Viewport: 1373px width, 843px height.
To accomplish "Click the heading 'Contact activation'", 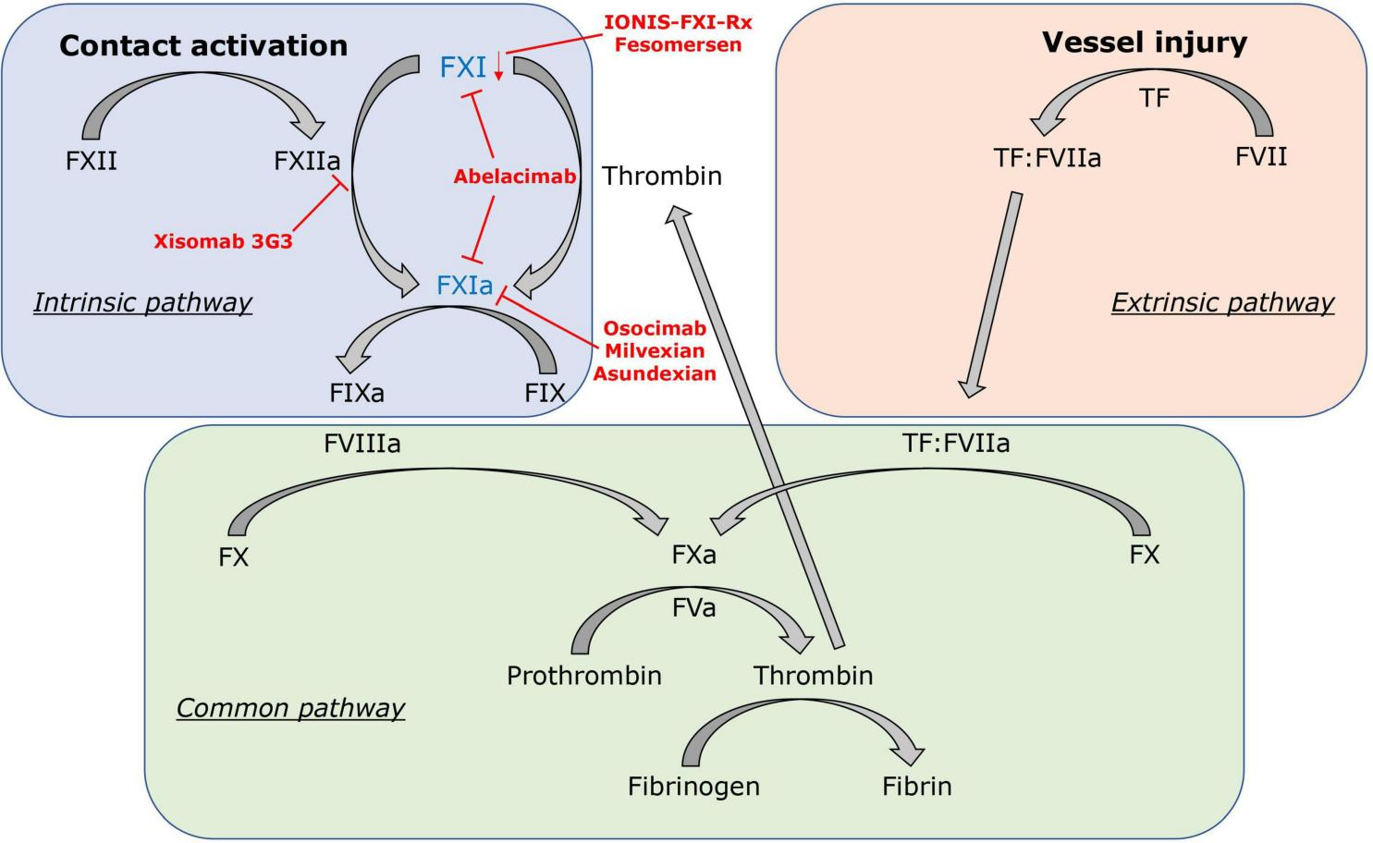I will [203, 45].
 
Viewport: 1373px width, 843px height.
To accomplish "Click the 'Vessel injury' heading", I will [1145, 42].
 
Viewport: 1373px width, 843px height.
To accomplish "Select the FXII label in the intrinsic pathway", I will [92, 161].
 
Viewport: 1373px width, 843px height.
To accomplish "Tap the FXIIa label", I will [307, 161].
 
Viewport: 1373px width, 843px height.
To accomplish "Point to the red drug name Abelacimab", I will [514, 177].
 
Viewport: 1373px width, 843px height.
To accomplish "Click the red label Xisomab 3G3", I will [223, 242].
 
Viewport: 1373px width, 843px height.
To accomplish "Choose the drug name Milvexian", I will [655, 351].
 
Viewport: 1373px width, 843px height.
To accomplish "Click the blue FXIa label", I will [465, 286].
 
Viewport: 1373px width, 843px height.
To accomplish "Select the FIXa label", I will [357, 393].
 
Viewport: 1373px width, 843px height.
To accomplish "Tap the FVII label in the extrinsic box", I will [1261, 156].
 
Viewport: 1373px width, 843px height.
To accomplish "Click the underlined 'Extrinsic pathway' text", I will [1222, 302].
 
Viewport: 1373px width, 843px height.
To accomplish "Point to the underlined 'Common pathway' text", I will [290, 708].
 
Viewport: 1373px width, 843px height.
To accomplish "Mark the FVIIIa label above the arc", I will [362, 444].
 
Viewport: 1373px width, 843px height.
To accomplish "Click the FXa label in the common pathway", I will [693, 556].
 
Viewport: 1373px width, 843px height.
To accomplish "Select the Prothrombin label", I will [584, 676].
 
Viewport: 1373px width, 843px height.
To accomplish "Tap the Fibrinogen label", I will [693, 787].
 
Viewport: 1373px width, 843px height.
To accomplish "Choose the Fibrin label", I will [916, 787].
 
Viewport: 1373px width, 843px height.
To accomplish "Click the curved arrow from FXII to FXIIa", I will [203, 106].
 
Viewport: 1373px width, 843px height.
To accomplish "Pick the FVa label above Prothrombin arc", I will [693, 608].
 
